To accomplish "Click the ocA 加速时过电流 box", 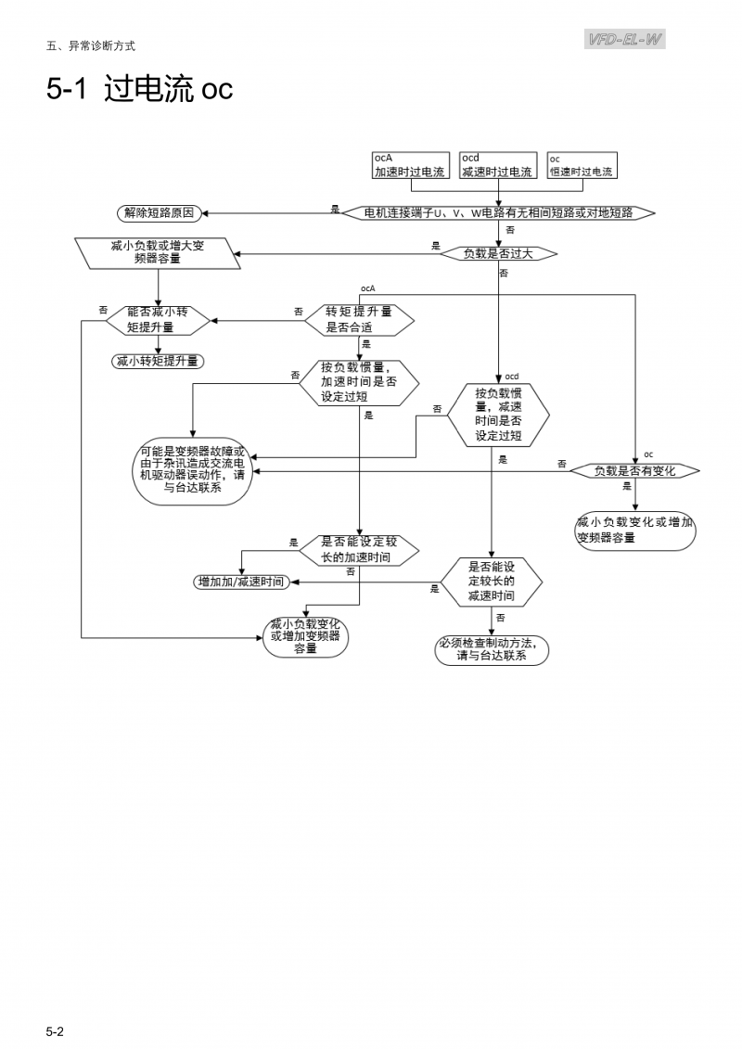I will pyautogui.click(x=409, y=166).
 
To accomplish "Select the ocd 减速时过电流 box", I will pyautogui.click(x=497, y=166).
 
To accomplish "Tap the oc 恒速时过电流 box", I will pyautogui.click(x=582, y=166).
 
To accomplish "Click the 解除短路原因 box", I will pyautogui.click(x=159, y=212).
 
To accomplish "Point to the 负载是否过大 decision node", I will pyautogui.click(x=498, y=253).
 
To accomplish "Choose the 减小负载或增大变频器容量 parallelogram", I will pyautogui.click(x=157, y=252).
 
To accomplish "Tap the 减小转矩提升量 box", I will pyautogui.click(x=157, y=361).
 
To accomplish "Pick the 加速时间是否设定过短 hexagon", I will pyautogui.click(x=359, y=381).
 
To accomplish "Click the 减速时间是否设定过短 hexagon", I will pyautogui.click(x=498, y=414).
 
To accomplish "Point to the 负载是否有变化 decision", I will pyautogui.click(x=634, y=471).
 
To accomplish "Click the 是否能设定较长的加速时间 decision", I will pyautogui.click(x=359, y=550).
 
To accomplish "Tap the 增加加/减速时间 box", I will pyautogui.click(x=240, y=582).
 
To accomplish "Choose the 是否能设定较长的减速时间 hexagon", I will pyautogui.click(x=491, y=582).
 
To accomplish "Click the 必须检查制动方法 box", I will pyautogui.click(x=492, y=650).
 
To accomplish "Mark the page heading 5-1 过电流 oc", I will pyautogui.click(x=140, y=90).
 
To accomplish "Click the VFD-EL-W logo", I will pyautogui.click(x=625, y=39).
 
